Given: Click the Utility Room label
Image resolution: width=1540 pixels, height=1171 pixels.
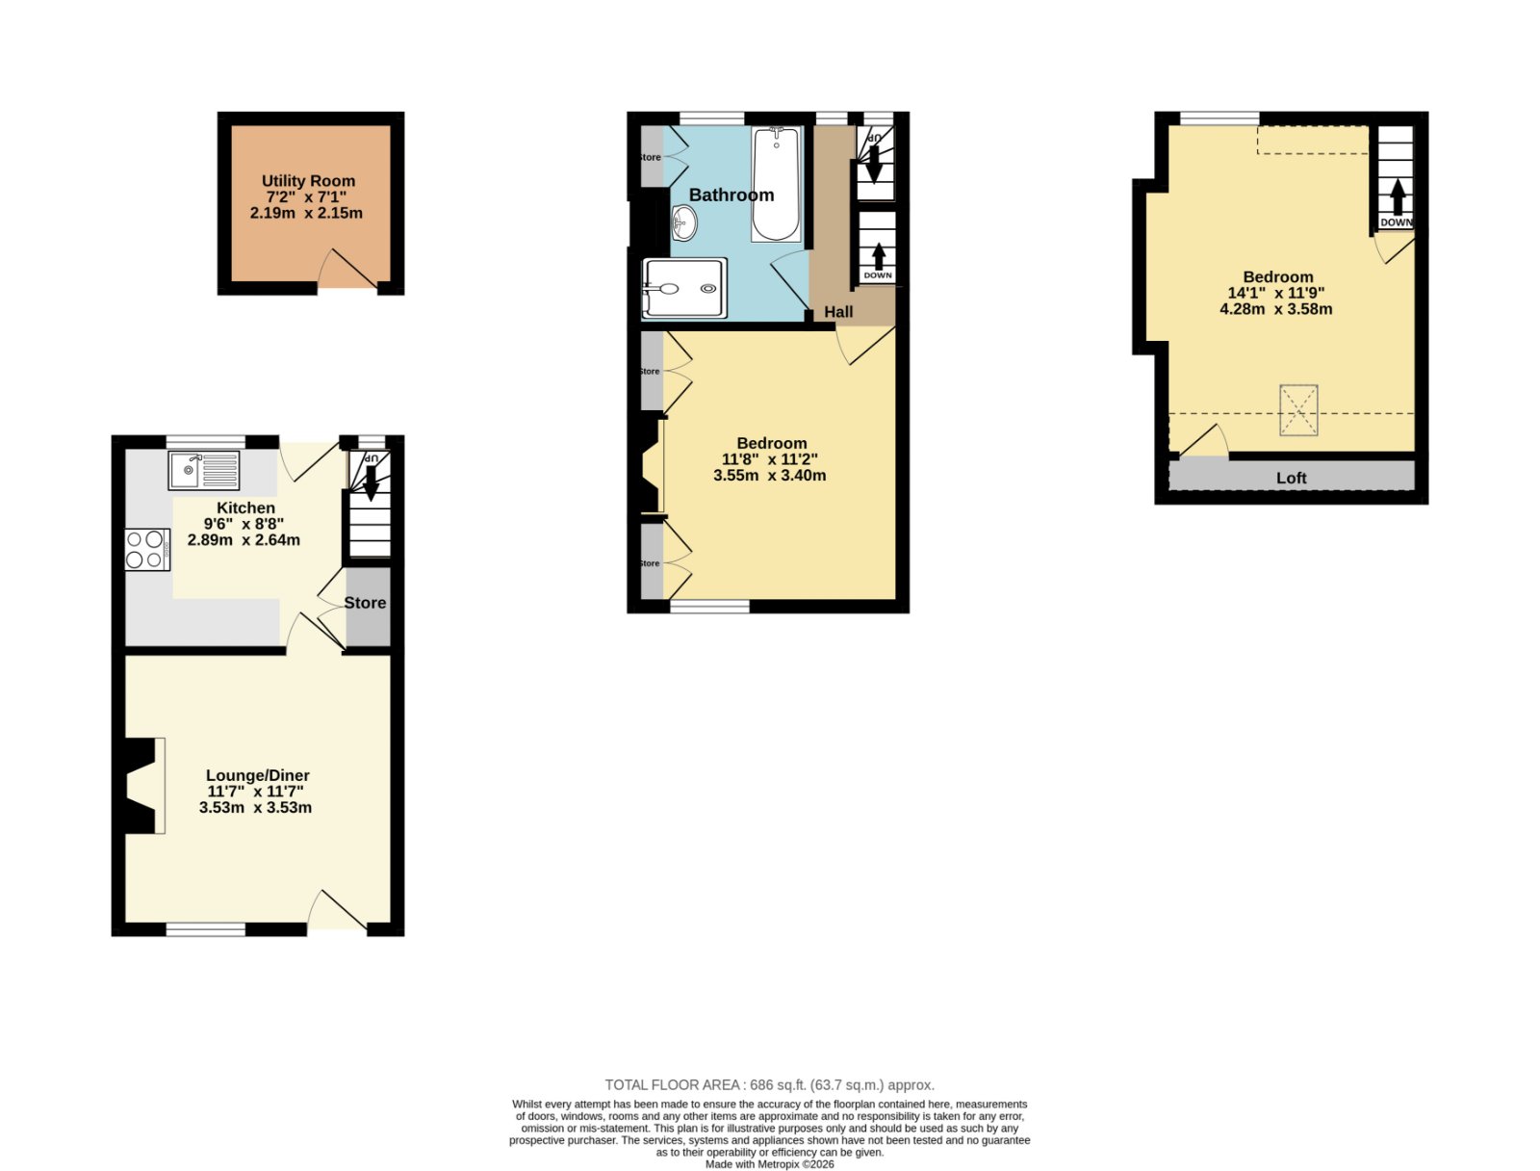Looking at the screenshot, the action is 308,181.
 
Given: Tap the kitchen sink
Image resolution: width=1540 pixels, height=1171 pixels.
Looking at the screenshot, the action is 203,470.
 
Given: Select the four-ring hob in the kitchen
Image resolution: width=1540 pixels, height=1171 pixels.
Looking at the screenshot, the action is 147,549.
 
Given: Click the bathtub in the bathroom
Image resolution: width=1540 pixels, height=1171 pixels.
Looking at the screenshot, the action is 775,185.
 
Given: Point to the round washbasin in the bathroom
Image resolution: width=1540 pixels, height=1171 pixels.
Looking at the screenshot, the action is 683,223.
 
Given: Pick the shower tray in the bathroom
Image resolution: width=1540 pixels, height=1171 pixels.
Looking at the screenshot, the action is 684,288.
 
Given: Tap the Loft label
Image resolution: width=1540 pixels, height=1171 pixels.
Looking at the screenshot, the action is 1291,478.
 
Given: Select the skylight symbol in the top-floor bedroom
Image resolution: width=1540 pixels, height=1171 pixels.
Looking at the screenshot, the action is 1298,410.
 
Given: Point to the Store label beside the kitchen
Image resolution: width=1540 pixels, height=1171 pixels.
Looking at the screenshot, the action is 365,603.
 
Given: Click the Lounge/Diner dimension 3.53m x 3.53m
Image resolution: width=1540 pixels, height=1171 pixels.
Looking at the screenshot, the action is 255,808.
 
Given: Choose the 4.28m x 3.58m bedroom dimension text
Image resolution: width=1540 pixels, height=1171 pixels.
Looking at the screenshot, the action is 1276,309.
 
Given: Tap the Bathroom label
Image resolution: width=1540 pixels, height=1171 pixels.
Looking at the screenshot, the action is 731,195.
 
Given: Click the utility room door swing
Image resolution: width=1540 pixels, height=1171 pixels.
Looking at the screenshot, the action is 346,269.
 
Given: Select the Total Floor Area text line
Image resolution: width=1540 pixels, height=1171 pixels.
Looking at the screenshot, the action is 770,1085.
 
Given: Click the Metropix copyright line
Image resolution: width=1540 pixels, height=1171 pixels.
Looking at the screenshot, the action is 770,1164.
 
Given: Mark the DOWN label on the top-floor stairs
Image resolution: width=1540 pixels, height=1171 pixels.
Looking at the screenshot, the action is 1397,222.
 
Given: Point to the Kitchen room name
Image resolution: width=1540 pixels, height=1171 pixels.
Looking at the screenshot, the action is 245,507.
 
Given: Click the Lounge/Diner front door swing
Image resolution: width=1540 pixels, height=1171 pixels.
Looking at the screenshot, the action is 337,910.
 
